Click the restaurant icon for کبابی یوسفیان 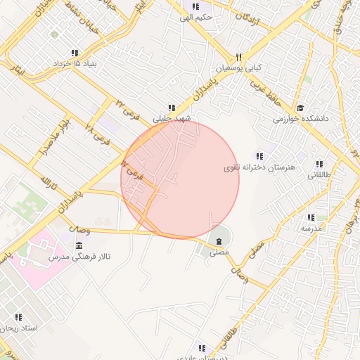[x=239, y=57]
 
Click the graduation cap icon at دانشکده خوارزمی [x=300, y=108]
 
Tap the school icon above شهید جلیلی [x=172, y=108]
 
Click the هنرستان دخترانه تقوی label [x=260, y=167]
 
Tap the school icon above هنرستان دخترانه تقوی [x=259, y=156]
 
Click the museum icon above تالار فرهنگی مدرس [x=77, y=245]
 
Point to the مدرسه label [x=311, y=229]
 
